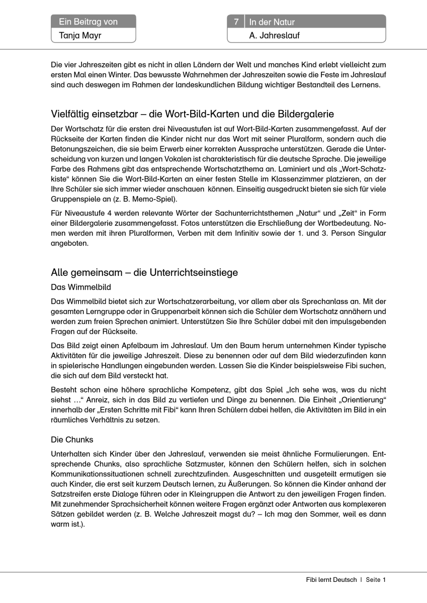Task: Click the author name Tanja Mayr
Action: click(76, 36)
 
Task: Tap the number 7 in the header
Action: click(236, 22)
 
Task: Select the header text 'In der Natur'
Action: click(272, 22)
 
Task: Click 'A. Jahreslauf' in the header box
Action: click(275, 36)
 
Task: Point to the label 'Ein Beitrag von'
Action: click(88, 22)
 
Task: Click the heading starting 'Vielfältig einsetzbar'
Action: click(192, 114)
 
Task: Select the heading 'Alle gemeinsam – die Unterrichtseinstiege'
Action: click(144, 273)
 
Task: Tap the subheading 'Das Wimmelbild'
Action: click(81, 288)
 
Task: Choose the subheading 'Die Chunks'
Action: click(72, 440)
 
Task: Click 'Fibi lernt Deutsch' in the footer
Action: click(331, 579)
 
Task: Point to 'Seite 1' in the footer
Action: click(376, 579)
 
